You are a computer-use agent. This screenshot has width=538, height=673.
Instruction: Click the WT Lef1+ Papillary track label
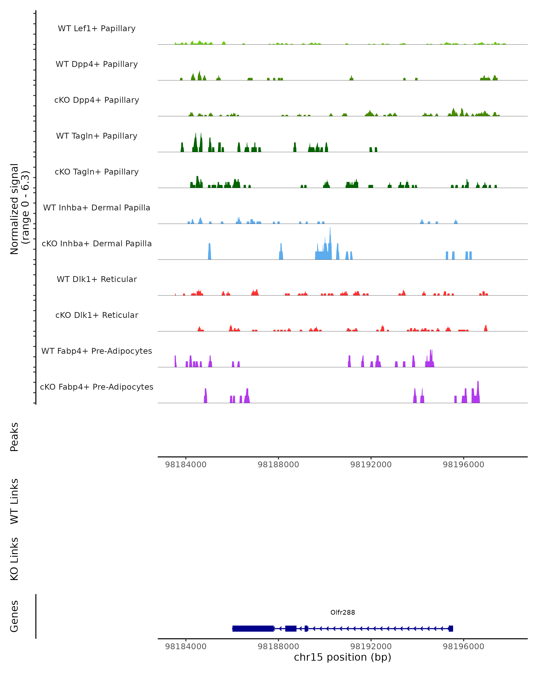[x=97, y=28]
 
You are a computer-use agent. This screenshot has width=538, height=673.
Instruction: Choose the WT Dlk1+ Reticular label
[x=97, y=279]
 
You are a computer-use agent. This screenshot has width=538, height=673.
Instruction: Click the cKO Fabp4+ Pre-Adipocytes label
[x=97, y=387]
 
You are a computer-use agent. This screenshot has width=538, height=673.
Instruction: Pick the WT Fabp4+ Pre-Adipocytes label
[x=97, y=351]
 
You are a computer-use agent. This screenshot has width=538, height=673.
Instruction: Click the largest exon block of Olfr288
[x=253, y=628]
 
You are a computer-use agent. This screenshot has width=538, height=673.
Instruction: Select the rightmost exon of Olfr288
[x=451, y=628]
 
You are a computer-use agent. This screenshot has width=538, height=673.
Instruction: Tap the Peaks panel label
[x=14, y=437]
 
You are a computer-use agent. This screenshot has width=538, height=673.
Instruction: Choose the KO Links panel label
[x=14, y=559]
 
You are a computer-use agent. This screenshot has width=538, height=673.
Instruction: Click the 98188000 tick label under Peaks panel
[x=278, y=465]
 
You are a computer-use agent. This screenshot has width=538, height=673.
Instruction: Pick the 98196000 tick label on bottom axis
[x=463, y=647]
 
